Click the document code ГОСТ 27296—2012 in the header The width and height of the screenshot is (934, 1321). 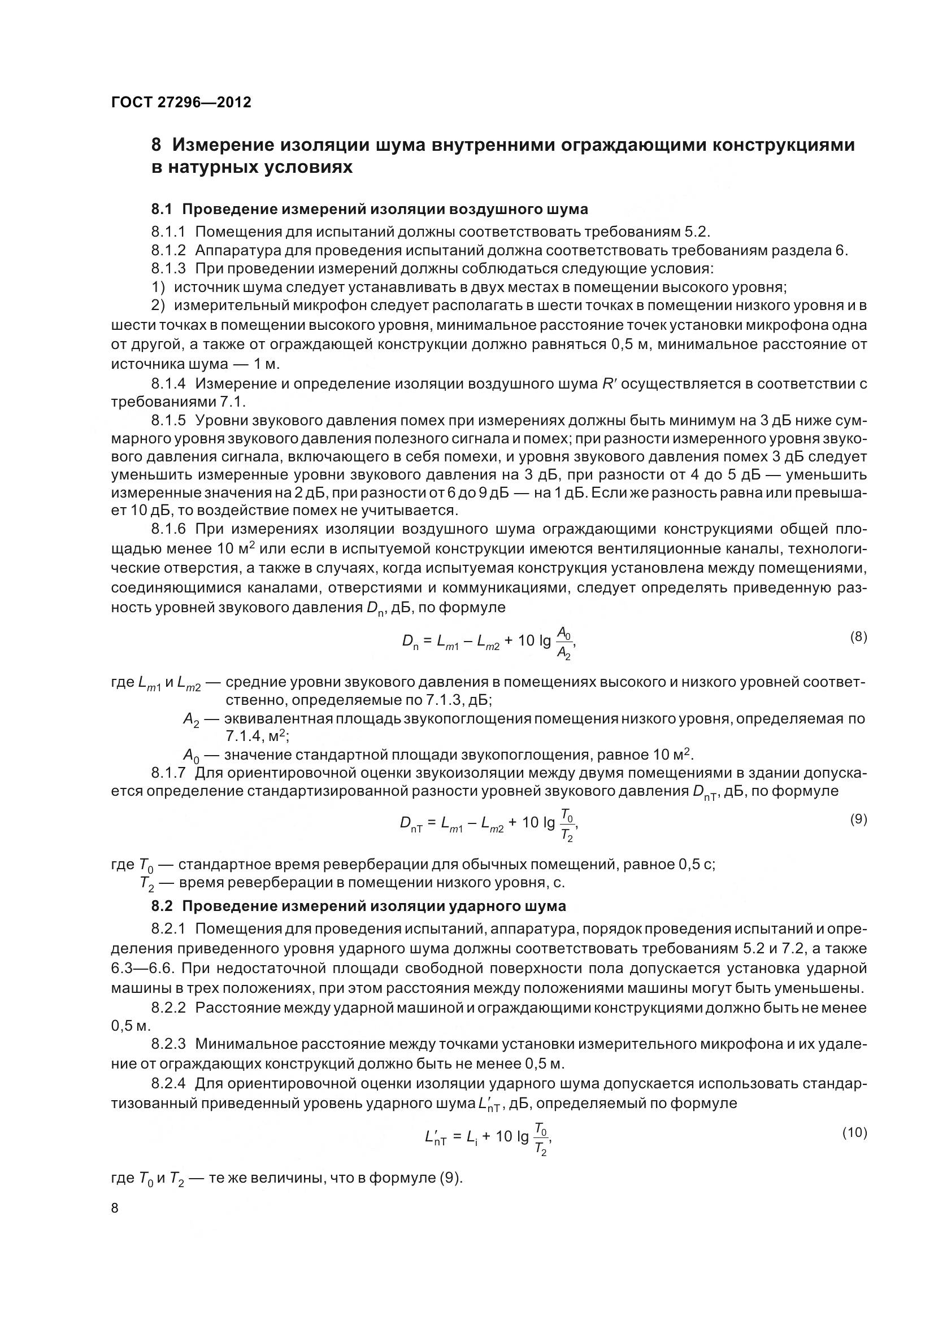pos(181,102)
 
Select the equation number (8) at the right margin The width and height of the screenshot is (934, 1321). pos(858,636)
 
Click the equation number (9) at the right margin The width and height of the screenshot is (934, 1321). pos(858,819)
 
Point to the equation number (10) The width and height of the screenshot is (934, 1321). pos(854,1132)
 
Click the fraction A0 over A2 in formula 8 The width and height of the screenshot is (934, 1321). pos(564,644)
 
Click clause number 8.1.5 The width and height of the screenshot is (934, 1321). pos(168,421)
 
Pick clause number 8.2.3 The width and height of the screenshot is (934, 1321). pos(168,1044)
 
